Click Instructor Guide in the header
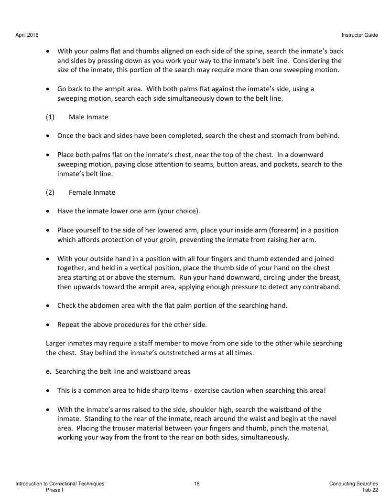[x=360, y=35]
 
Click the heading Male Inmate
[x=88, y=117]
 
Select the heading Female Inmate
[x=92, y=192]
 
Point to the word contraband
[x=311, y=286]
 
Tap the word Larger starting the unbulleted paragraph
[x=57, y=343]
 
